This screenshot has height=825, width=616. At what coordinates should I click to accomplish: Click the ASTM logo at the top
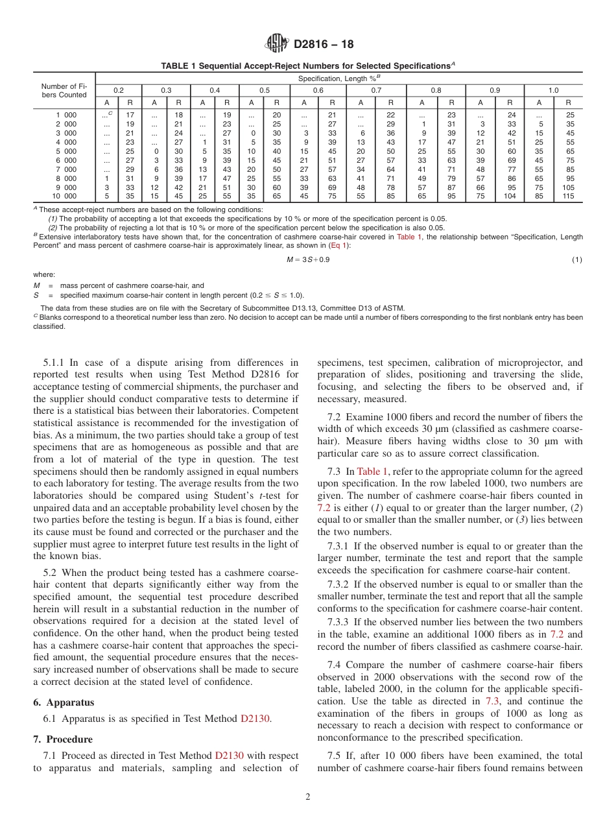click(277, 44)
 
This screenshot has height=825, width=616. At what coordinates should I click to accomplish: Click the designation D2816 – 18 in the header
click(324, 45)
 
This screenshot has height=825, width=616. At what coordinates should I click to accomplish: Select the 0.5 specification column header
click(265, 91)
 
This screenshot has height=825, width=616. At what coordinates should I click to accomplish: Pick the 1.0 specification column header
click(553, 91)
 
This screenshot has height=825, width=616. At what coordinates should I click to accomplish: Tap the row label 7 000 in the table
click(65, 169)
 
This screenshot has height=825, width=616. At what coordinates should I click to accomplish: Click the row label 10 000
click(64, 196)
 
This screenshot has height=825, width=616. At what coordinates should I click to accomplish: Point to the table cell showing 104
click(510, 196)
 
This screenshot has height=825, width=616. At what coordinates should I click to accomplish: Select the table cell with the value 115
click(568, 196)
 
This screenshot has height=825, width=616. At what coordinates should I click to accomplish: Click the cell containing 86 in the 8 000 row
click(511, 178)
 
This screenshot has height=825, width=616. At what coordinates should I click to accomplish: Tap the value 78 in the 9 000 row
click(391, 187)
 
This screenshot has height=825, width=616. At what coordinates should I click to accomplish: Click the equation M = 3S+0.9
click(308, 259)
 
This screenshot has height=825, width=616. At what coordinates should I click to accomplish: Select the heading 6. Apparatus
click(64, 702)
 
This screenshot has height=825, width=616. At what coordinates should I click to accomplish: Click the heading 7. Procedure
click(63, 739)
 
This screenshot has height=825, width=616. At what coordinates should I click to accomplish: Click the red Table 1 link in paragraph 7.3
click(373, 472)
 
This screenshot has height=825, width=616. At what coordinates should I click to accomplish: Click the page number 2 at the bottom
click(307, 797)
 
